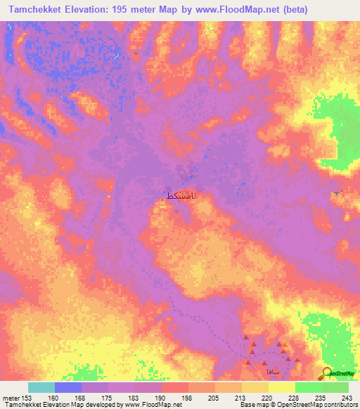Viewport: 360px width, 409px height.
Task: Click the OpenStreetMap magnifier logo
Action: click(328, 372)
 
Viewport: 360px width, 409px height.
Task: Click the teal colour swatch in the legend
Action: click(41, 387)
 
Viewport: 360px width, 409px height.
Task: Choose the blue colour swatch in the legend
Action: click(68, 387)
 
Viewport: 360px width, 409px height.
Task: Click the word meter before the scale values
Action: click(10, 398)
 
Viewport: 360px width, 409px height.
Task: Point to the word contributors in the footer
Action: click(339, 405)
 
